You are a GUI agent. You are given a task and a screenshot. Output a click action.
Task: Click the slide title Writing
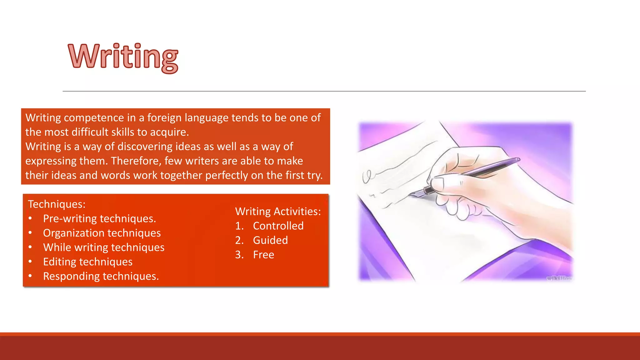(123, 57)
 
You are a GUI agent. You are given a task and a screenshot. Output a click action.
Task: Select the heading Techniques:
(57, 204)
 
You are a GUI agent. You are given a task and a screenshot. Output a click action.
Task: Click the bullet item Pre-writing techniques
(99, 219)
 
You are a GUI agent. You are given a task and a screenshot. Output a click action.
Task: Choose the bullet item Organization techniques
(102, 233)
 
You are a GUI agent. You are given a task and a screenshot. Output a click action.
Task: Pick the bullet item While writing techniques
(104, 247)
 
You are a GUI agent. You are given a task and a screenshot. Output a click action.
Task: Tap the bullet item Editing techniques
(88, 262)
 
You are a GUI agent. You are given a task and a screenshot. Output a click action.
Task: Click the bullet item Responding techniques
(101, 276)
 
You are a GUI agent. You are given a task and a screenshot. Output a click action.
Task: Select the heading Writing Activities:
(278, 212)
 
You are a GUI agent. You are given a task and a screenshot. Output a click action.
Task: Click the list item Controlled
(278, 226)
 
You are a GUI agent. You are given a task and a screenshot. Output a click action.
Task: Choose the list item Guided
(270, 240)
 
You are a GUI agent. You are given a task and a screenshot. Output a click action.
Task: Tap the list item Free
(263, 255)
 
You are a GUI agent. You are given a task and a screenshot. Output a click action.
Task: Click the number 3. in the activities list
(239, 255)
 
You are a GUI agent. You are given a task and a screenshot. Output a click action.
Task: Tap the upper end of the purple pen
(517, 160)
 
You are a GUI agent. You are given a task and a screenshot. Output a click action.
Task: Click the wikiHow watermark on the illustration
(559, 278)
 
